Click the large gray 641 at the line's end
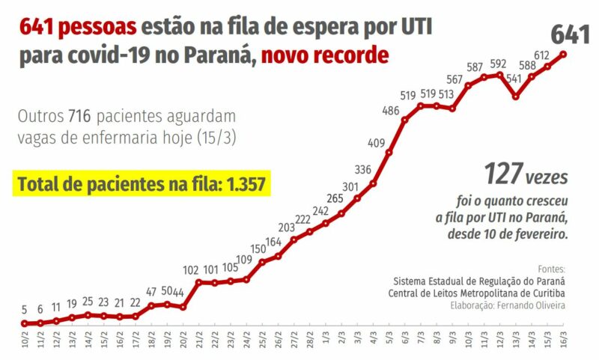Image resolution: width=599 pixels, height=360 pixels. [x=570, y=34]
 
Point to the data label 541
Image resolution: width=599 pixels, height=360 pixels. [x=515, y=77]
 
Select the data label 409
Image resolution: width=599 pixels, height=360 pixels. [x=377, y=142]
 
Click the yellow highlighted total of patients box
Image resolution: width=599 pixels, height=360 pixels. [x=142, y=183]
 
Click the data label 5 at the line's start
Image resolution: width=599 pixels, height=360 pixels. [x=24, y=310]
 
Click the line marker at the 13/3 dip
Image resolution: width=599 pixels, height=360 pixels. [x=516, y=97]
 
